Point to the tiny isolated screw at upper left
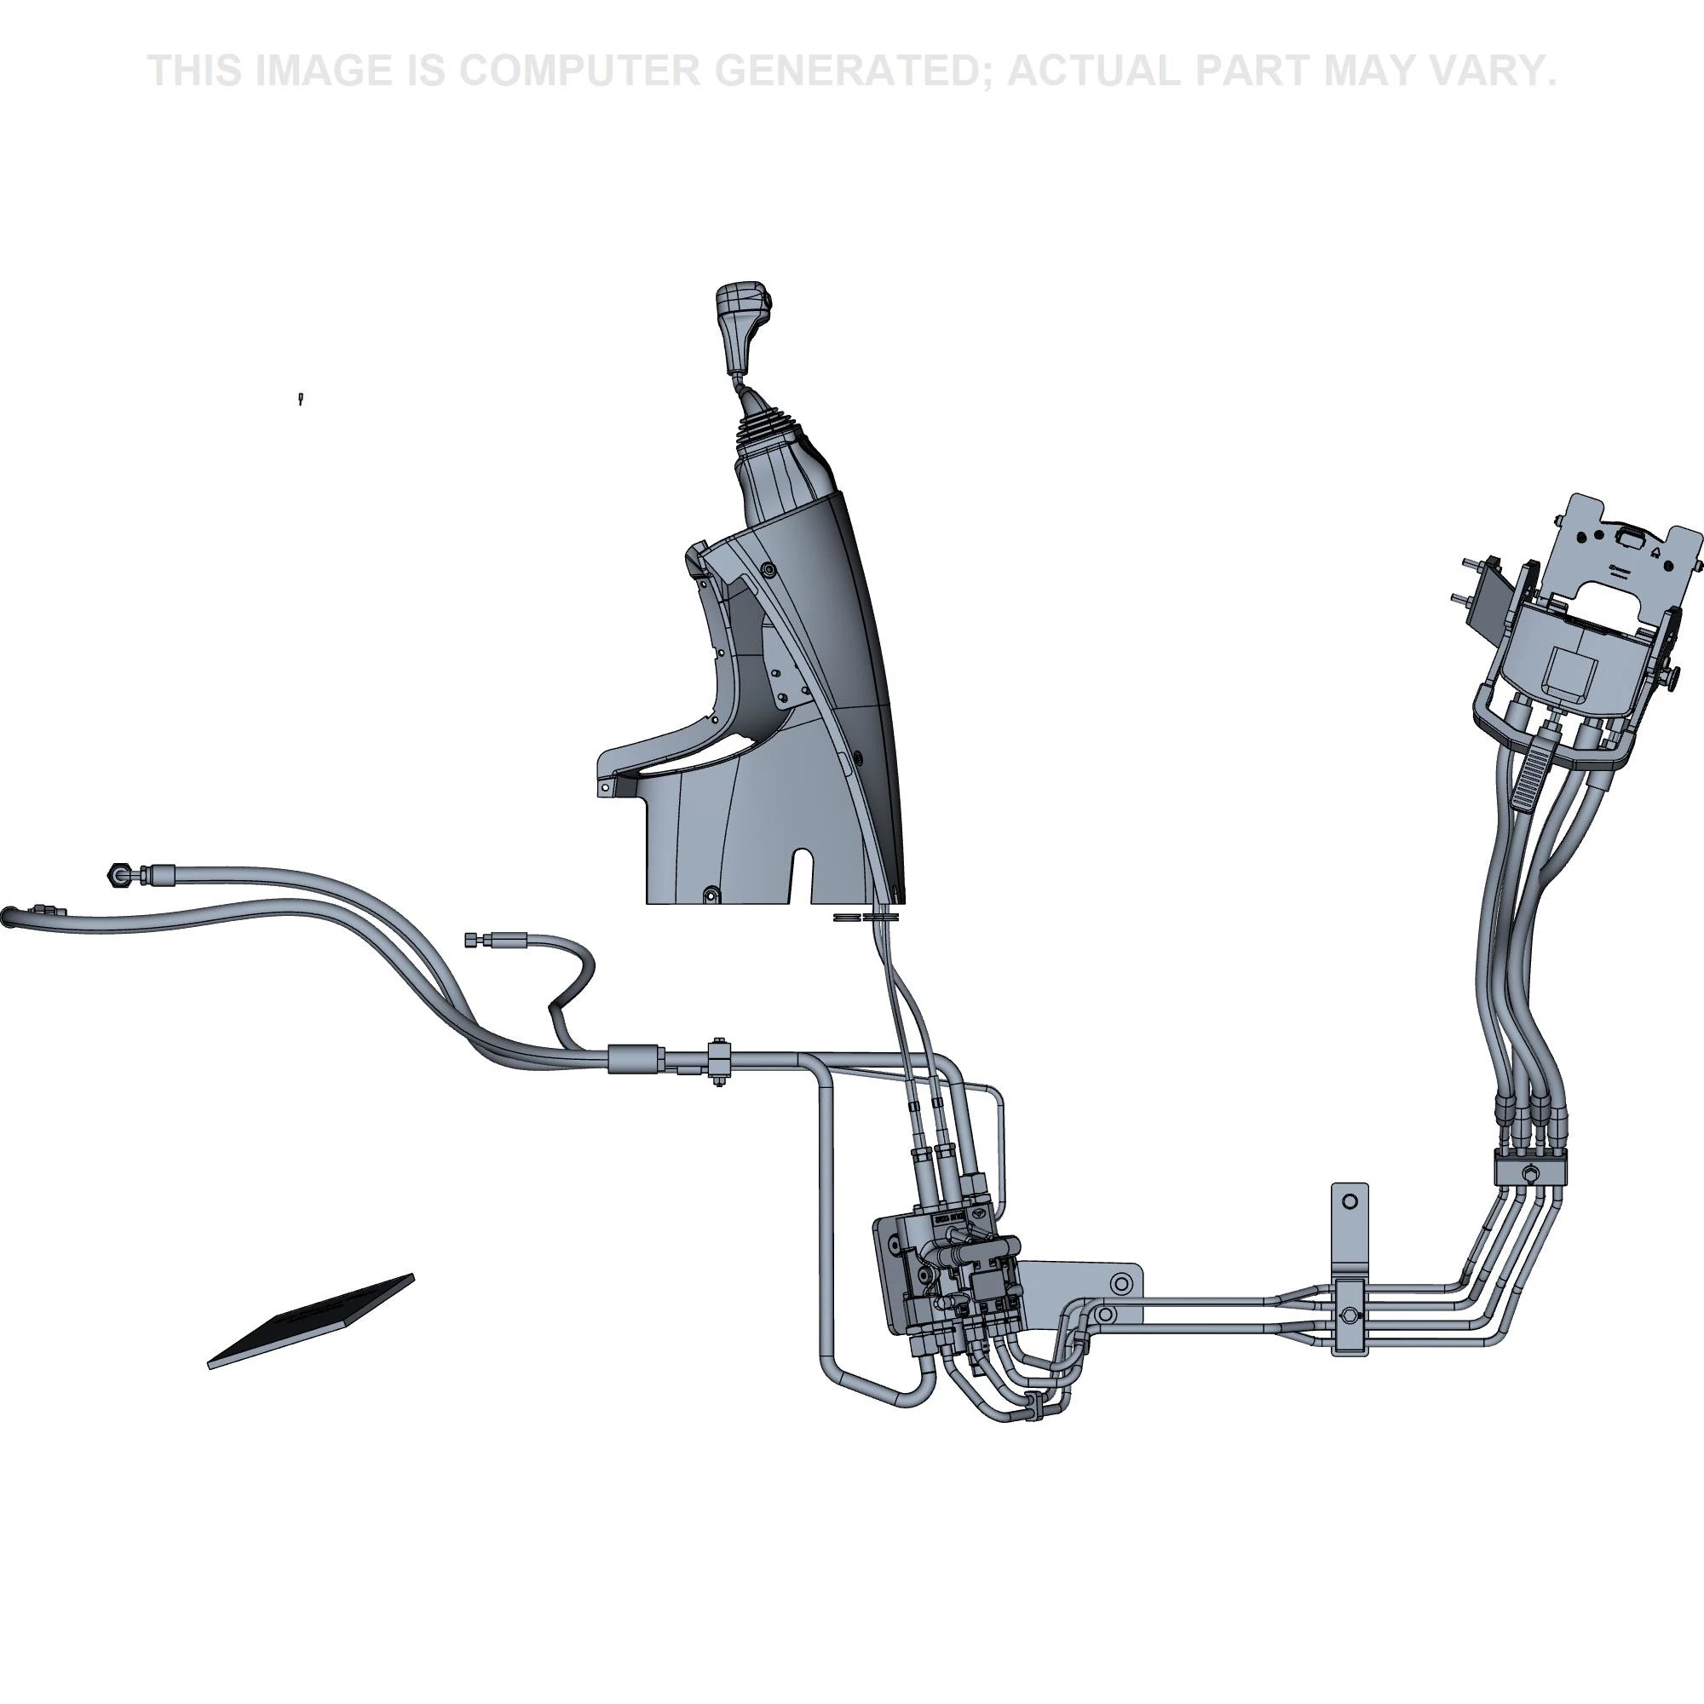pos(302,399)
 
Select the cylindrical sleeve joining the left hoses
pos(634,1056)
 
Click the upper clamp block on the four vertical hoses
pos(1529,1171)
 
